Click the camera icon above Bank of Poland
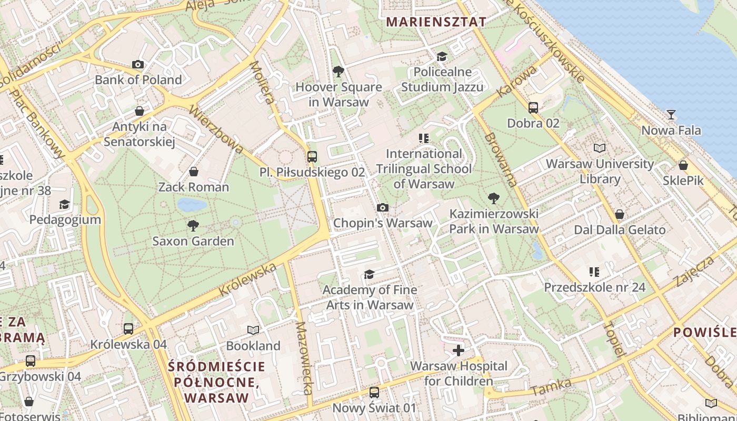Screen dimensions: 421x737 (138, 65)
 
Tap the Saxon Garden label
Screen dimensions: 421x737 (193, 242)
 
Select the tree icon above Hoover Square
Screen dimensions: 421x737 (338, 72)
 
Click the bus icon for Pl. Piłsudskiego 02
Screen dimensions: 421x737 (312, 157)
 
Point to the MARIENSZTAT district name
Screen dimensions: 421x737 (436, 22)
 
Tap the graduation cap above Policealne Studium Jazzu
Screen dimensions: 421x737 (442, 56)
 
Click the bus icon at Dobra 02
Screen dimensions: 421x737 (533, 108)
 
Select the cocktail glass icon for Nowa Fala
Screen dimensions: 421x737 (671, 115)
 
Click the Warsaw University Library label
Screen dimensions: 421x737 (600, 171)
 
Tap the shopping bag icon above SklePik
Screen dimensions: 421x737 (683, 165)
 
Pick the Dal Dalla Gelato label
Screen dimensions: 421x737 (620, 230)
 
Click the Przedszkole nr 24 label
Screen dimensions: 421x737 (594, 287)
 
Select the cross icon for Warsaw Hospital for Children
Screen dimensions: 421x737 (459, 350)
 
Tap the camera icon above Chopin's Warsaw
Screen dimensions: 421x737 (383, 208)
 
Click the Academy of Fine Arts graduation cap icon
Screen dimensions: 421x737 (369, 275)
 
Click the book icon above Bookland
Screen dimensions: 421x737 (253, 330)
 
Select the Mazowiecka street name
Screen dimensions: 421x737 (305, 358)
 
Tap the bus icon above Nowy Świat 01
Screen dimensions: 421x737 (374, 392)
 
